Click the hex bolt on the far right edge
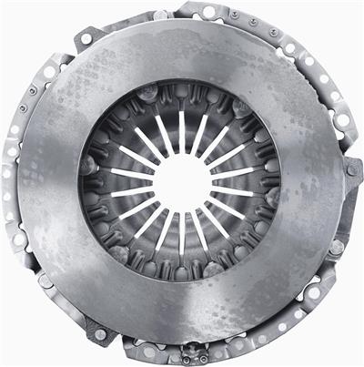pyautogui.click(x=351, y=169)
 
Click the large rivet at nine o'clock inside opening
pyautogui.click(x=89, y=168)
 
